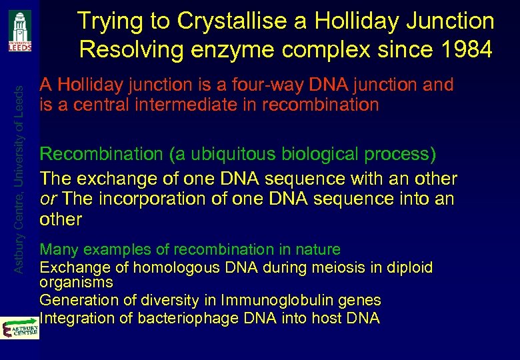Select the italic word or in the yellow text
click(x=47, y=199)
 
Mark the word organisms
click(x=76, y=282)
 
